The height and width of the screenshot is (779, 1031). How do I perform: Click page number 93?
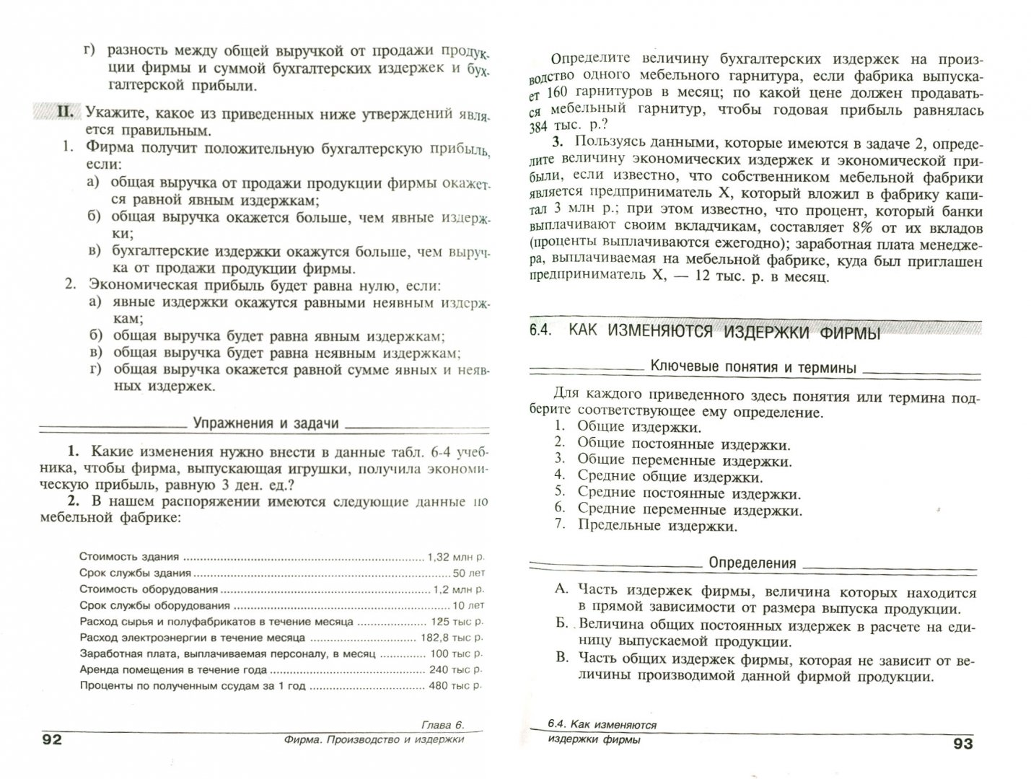tap(963, 744)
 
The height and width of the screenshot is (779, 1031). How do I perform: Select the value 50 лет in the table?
tap(469, 573)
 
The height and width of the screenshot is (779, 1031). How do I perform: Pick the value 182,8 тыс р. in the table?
tap(453, 638)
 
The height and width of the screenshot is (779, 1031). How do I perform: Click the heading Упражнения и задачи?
tap(266, 423)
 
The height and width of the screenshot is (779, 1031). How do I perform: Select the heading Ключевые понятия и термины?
tap(753, 368)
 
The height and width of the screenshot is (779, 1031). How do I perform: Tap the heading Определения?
tap(753, 563)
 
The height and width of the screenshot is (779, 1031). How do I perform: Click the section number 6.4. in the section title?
tap(540, 331)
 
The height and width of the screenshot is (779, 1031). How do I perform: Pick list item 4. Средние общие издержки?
tap(662, 477)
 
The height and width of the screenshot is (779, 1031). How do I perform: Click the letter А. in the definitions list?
tap(562, 589)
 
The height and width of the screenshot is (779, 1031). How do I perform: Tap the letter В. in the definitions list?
tap(562, 658)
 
